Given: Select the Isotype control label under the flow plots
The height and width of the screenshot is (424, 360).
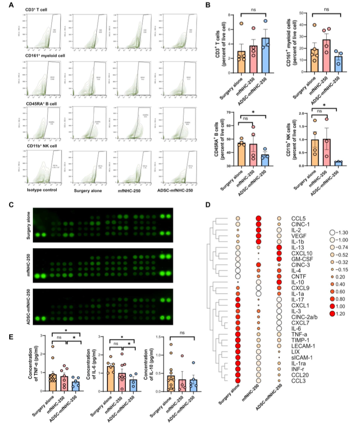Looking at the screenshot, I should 42,190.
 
